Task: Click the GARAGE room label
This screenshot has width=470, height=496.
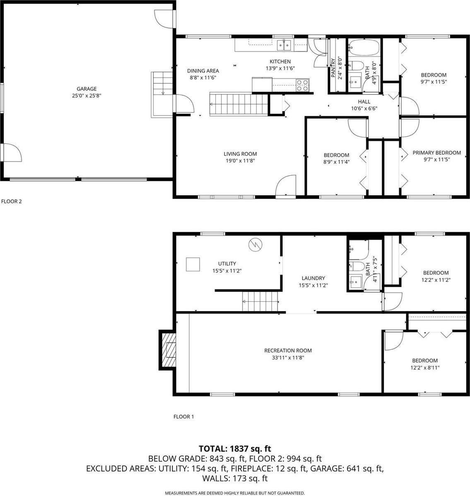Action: (x=87, y=89)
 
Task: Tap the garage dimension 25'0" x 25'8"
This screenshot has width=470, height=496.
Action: (x=87, y=95)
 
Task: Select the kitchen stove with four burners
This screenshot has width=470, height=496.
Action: (x=302, y=85)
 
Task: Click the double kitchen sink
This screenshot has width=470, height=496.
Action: (x=284, y=45)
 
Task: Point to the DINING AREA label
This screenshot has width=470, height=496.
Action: (x=203, y=71)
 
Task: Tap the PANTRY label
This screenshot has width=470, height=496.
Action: (x=333, y=67)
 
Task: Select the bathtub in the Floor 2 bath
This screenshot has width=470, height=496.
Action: (x=364, y=48)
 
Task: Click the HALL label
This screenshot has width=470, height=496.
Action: (x=364, y=102)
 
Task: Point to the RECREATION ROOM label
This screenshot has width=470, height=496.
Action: (x=288, y=351)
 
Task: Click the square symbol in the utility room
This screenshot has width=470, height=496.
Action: (x=193, y=264)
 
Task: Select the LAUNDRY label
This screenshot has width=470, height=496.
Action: (x=313, y=278)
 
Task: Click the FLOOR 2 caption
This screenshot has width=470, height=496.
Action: (x=11, y=202)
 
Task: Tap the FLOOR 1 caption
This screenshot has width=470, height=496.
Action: (x=183, y=417)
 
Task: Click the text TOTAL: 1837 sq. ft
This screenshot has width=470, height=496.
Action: (x=235, y=448)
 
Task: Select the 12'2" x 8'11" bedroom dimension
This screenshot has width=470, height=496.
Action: (x=425, y=368)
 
